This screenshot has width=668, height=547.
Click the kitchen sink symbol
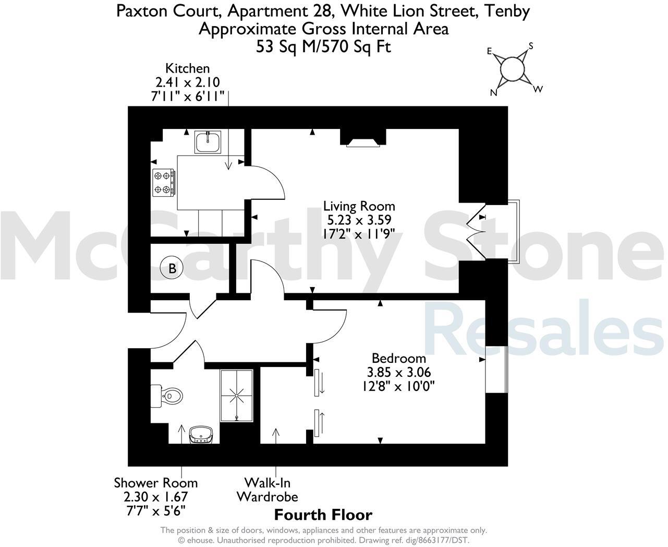(209, 141)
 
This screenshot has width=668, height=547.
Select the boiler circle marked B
(171, 269)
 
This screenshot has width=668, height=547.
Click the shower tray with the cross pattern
(237, 396)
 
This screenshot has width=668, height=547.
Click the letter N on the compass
(493, 93)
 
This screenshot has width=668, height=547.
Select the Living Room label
(359, 206)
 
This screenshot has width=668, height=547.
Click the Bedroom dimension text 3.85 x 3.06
(398, 372)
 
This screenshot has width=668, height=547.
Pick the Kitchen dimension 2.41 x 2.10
(188, 82)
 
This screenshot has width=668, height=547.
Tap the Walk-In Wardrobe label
(267, 489)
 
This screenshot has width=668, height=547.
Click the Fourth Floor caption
(323, 515)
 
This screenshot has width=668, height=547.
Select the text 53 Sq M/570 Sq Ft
(323, 47)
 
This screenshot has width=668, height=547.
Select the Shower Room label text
(156, 483)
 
